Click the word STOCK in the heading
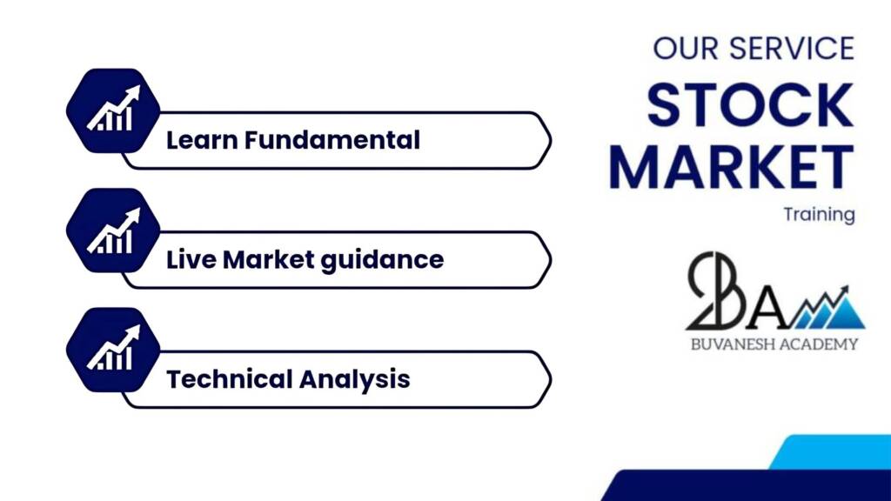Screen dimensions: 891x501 coord(750,104)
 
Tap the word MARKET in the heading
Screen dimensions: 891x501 coord(732,166)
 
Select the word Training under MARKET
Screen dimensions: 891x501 coord(819,215)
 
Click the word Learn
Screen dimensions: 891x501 coord(202,140)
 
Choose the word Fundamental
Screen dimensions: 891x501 coord(332,140)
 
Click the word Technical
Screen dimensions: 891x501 coord(229,379)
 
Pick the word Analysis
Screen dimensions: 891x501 coord(355,380)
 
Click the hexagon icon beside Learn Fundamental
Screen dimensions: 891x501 coord(113,110)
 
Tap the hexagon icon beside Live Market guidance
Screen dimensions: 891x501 coord(113,230)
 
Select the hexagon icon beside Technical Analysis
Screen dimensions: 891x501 coord(113,350)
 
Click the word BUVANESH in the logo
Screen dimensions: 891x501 coord(731,344)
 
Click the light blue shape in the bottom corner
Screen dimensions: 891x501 coord(830,452)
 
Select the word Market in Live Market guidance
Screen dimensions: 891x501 coord(268,259)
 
